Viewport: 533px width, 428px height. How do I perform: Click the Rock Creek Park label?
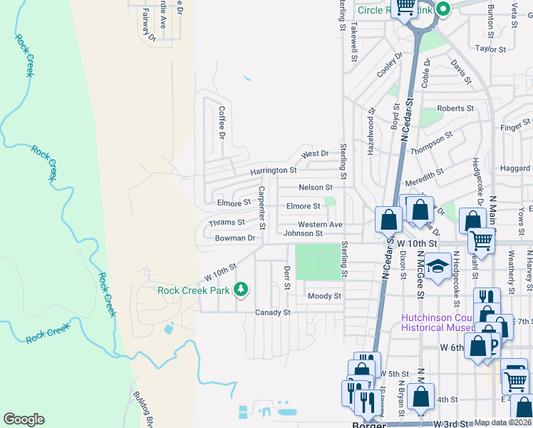[x=194, y=290]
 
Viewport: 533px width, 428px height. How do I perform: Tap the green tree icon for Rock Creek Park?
[x=242, y=289]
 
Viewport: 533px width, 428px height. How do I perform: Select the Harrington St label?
[x=273, y=171]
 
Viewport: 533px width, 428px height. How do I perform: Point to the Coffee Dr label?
[x=222, y=122]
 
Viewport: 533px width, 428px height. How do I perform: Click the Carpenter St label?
[x=262, y=208]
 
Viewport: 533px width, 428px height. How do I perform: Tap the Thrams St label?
[x=227, y=223]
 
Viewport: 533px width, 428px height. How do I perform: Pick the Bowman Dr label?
[x=235, y=238]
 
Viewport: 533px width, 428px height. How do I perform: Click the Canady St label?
[x=273, y=312]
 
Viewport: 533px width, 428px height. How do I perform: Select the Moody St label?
[x=324, y=296]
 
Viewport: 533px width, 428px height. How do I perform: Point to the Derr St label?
[x=287, y=277]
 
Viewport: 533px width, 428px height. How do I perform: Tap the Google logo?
[x=24, y=419]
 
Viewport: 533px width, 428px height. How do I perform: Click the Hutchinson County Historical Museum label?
[x=437, y=322]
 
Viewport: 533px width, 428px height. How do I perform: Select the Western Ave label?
[x=320, y=225]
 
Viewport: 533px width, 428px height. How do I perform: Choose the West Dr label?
[x=314, y=153]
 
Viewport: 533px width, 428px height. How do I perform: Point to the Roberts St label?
[x=455, y=108]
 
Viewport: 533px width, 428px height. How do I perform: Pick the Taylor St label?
[x=490, y=49]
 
